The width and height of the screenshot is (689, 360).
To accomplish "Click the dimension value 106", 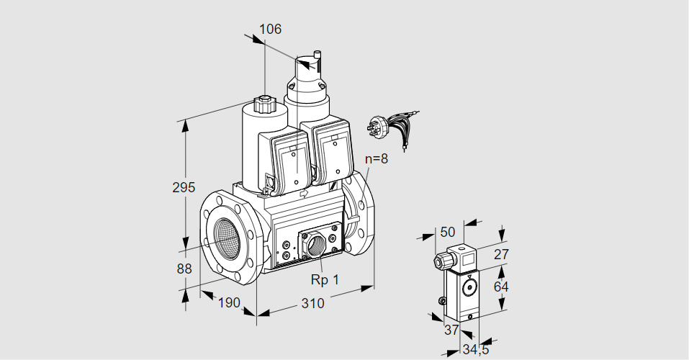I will click(x=270, y=30).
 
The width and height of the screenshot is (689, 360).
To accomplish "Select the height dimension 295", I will click(x=184, y=187).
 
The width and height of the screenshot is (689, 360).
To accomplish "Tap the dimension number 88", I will click(x=184, y=269).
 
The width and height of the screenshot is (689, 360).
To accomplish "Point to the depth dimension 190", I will click(x=228, y=302).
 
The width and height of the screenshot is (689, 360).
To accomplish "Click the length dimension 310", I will click(x=312, y=303).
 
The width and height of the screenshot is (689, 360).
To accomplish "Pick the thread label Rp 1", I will click(x=324, y=279).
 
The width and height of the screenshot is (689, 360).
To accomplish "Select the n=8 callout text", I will click(x=376, y=159).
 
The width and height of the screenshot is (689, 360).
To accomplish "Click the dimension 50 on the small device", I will click(x=448, y=232).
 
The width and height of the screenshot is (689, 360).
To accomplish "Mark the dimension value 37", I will click(x=451, y=329).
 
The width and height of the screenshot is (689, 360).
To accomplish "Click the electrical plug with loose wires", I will click(x=389, y=127).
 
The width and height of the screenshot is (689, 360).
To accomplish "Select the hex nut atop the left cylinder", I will click(x=264, y=104).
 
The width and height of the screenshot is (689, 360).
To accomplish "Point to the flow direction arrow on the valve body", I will click(x=303, y=193).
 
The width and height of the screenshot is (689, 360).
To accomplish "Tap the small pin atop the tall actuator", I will click(x=316, y=55).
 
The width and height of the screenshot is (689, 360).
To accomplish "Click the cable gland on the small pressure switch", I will click(x=438, y=261).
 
